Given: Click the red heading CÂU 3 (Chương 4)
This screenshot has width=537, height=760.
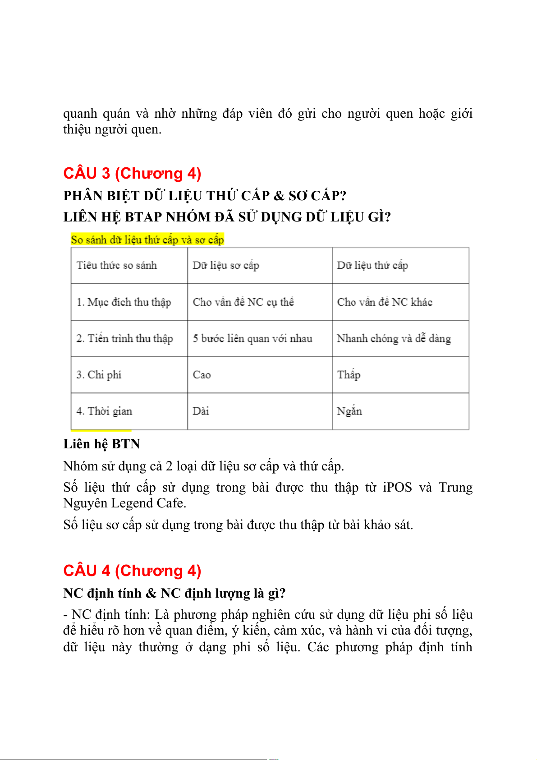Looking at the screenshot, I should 132,173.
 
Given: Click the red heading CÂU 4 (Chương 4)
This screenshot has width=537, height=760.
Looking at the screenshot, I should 132,571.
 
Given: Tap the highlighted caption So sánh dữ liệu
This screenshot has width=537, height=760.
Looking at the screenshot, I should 147,240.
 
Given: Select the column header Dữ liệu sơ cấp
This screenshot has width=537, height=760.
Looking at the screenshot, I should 226,265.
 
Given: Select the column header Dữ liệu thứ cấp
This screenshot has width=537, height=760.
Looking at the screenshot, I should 372,265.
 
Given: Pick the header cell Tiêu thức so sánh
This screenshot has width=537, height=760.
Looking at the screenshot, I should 117,265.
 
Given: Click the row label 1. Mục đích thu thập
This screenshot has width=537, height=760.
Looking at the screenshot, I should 124,302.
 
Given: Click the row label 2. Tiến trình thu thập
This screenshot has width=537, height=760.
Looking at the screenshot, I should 125,339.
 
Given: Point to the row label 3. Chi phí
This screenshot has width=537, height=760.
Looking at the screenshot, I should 99,375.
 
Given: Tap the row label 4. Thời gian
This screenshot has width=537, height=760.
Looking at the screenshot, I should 105,411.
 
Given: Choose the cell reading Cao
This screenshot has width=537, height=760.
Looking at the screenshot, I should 202,375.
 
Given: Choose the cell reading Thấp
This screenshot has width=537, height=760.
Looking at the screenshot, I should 349,375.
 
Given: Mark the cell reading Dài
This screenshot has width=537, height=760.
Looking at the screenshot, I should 201,411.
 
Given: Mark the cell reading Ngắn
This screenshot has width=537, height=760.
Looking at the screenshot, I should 349,411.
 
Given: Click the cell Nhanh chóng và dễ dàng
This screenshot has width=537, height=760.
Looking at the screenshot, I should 394,339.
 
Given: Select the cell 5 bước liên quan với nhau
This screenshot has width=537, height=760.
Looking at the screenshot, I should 252,339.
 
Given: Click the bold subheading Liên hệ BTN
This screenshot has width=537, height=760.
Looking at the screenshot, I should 101,444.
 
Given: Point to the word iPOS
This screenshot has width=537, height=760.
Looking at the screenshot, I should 397,488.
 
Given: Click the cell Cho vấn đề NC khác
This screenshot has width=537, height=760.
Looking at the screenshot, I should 385,302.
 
